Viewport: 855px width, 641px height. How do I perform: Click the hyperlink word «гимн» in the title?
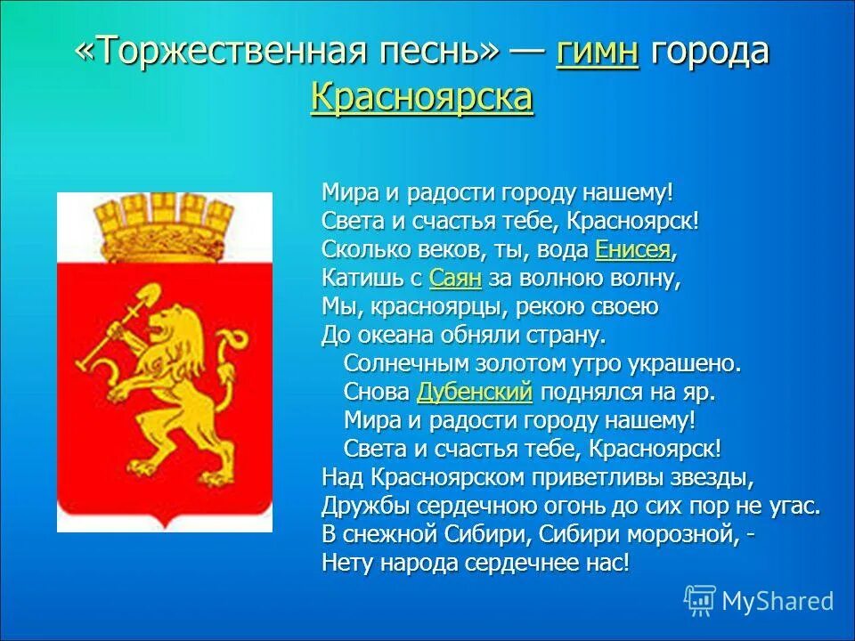pos(597,53)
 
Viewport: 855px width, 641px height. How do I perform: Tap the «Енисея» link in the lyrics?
pos(631,249)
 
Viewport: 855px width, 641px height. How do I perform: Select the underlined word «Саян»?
pos(455,278)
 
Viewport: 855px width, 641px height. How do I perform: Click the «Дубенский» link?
pos(475,392)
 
